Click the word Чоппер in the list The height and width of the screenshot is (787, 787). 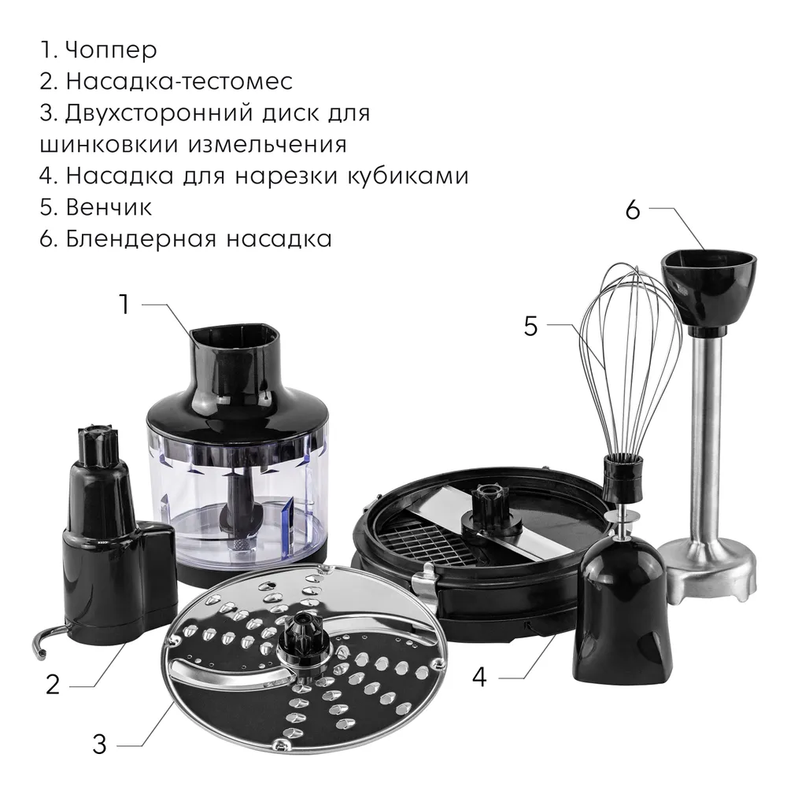pos(111,50)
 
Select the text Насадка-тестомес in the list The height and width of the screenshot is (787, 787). pos(179,81)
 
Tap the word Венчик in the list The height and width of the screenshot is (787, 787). pos(109,207)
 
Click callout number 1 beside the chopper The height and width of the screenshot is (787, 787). pos(124,305)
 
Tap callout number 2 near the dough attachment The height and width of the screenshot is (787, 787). pos(53,685)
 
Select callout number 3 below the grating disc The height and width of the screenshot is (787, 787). pos(99,744)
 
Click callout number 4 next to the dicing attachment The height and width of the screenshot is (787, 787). pos(479,677)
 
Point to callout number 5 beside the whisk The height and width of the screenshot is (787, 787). pos(530,327)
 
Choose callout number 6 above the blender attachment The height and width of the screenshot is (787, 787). pos(633,209)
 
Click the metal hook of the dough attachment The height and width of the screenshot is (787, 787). pos(49,639)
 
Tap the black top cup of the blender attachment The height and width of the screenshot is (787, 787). pos(708,290)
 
